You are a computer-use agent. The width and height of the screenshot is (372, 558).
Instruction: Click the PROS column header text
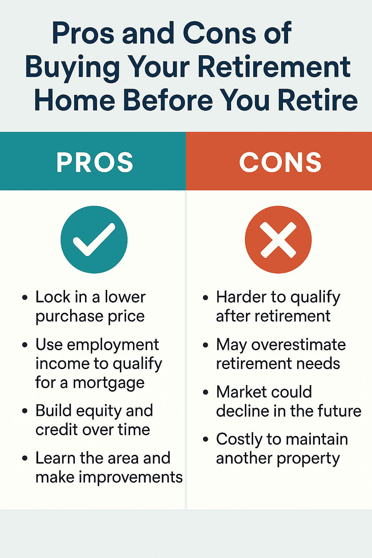[95, 162]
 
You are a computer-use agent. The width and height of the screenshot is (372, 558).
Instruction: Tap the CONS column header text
[280, 162]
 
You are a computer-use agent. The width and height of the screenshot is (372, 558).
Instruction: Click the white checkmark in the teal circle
[94, 239]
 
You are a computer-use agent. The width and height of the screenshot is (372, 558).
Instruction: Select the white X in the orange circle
[278, 240]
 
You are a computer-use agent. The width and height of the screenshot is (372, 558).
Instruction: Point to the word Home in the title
[74, 101]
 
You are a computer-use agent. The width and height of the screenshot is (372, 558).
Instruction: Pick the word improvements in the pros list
[131, 477]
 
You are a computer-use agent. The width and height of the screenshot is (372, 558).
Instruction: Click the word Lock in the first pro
[53, 297]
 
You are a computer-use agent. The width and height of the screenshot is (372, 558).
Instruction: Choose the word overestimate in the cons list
[298, 344]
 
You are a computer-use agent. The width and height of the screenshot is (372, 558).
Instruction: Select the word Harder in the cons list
[241, 297]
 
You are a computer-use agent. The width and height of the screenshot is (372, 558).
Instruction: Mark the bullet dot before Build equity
[25, 411]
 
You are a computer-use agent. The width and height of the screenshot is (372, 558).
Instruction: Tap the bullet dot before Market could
[206, 392]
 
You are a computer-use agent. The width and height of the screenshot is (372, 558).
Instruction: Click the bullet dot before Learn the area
[25, 458]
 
